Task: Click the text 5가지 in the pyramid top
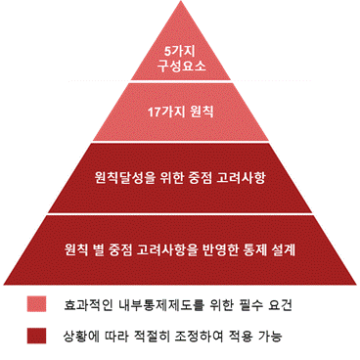(180, 52)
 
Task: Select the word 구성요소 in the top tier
(182, 66)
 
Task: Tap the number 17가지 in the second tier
(166, 112)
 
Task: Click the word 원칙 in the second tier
(202, 112)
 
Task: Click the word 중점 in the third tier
(200, 178)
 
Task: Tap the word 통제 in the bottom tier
(254, 249)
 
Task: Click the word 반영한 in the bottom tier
(220, 249)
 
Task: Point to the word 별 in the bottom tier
(98, 249)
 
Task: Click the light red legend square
(36, 304)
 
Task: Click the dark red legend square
(36, 336)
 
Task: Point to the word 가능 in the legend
(270, 337)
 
